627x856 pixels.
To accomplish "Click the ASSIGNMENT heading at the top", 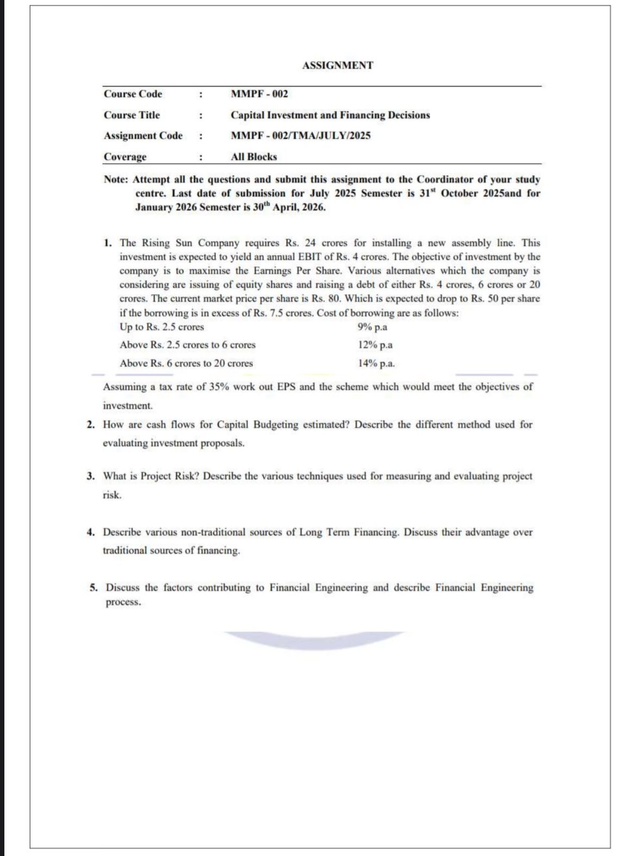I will click(337, 65).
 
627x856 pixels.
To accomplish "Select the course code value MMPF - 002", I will click(259, 94).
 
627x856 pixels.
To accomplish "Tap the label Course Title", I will click(132, 115).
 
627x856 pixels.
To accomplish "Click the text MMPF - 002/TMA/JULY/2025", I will click(300, 136).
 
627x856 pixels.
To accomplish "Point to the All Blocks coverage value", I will click(253, 157).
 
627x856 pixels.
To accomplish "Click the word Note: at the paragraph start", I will click(116, 179).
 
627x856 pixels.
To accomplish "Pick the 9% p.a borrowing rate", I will click(373, 327).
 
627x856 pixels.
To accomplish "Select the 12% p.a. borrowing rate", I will click(375, 345).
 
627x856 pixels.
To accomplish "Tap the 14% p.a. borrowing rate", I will click(376, 363).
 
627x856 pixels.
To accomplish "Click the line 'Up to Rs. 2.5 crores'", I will click(162, 327).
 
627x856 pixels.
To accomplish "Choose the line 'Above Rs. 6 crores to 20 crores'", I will click(186, 363).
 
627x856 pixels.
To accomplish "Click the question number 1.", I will click(108, 243).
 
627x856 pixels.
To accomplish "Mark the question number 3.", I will click(91, 476).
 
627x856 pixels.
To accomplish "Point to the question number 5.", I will click(94, 588).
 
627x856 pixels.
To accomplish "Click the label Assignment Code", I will click(143, 136).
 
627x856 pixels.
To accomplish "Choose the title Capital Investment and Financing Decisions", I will click(330, 115).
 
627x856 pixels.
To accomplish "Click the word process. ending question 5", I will click(123, 603).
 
